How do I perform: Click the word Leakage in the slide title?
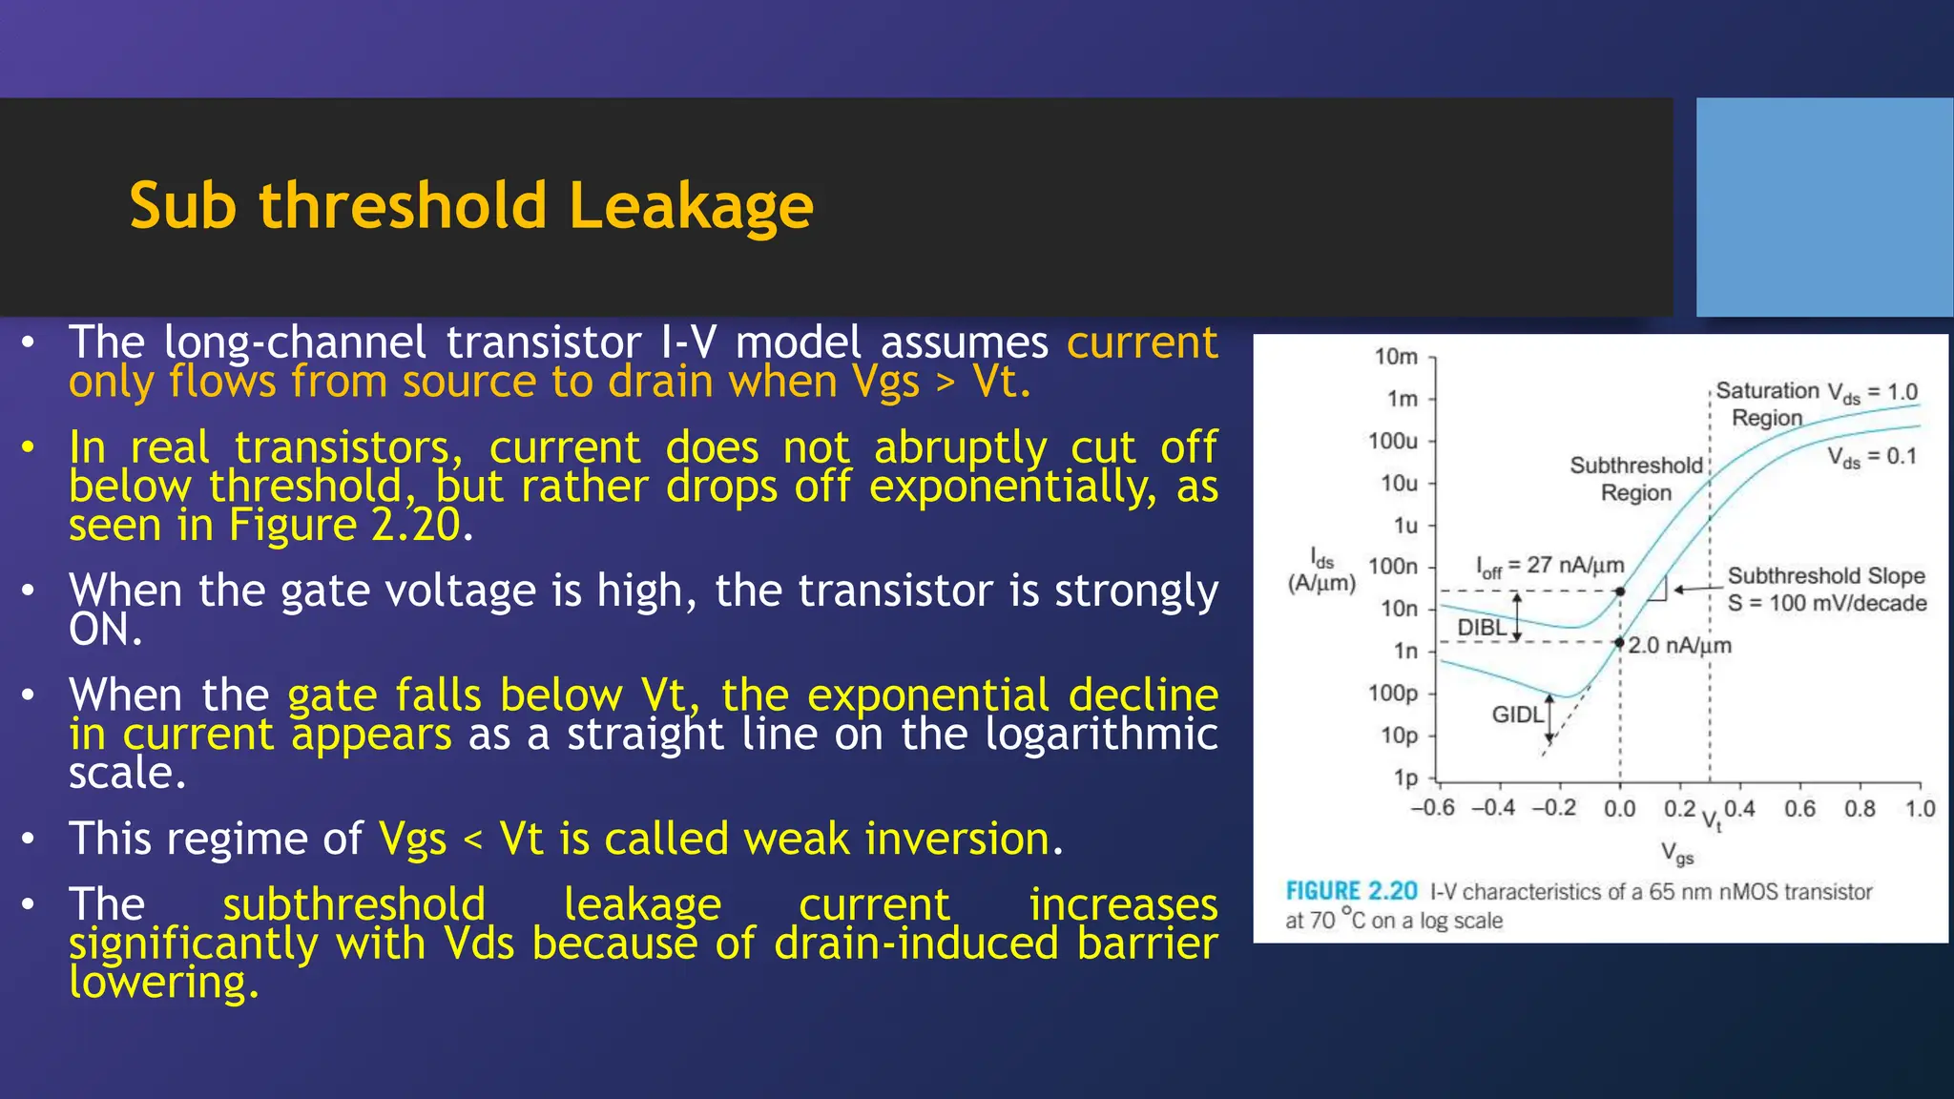coord(691,206)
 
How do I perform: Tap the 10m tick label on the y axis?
coord(1396,357)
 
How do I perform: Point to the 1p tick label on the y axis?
coord(1405,778)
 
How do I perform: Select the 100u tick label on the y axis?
coord(1393,441)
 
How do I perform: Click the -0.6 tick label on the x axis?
coord(1432,808)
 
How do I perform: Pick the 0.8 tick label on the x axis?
coord(1860,809)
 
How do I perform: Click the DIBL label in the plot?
coord(1482,627)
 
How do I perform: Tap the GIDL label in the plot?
coord(1517,714)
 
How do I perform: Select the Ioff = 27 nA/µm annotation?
coord(1549,566)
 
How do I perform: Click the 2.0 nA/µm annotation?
coord(1679,645)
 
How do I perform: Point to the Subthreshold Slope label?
coord(1826,576)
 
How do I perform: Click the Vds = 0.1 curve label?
coord(1872,457)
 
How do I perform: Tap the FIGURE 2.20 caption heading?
coord(1351,891)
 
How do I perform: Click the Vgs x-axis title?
coord(1677,852)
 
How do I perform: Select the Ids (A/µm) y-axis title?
coord(1321,570)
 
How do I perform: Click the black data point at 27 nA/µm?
coord(1620,591)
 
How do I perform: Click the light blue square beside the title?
coord(1824,207)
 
